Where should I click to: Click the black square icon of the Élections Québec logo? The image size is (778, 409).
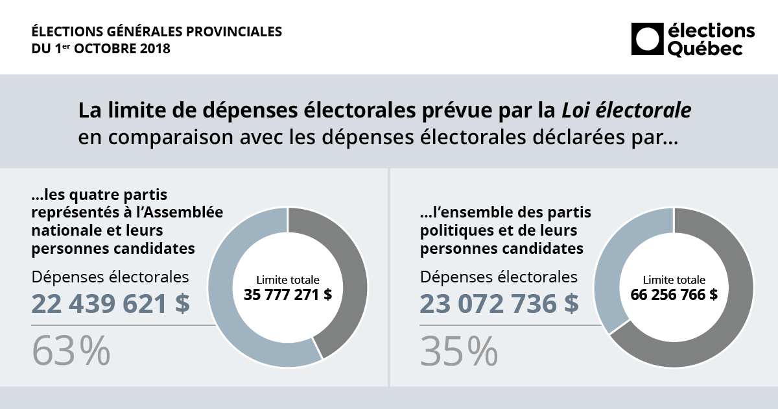tap(646, 40)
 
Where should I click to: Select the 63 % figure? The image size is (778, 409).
tap(71, 351)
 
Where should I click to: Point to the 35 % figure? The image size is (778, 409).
tap(459, 351)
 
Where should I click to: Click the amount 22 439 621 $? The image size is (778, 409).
tap(111, 304)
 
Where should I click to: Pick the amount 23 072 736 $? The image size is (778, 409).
tap(499, 304)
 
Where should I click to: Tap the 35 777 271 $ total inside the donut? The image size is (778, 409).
tap(288, 294)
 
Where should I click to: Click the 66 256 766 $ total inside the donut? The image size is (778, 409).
tap(674, 294)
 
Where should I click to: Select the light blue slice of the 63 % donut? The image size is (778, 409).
tap(233, 305)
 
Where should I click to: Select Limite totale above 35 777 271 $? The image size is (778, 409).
tap(288, 280)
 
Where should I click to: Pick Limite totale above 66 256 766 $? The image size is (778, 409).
tap(674, 280)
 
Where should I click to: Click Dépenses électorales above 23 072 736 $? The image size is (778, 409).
tap(499, 277)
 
